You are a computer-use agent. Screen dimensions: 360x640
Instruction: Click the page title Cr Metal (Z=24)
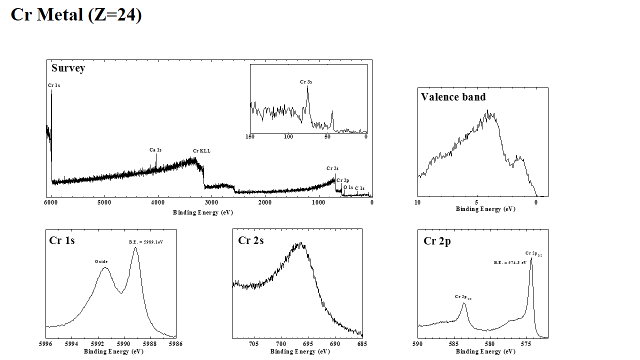[76, 14]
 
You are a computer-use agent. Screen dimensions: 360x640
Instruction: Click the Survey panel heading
[68, 68]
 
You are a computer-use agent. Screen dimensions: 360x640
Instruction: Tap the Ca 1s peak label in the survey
[155, 150]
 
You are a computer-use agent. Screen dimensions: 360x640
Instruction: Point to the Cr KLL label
[201, 151]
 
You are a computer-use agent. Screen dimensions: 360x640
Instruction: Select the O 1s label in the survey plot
[348, 187]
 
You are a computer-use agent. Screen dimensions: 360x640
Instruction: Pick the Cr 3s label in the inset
[306, 81]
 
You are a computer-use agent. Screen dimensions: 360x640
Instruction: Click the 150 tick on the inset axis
[250, 136]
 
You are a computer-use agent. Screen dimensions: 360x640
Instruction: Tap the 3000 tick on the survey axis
[211, 202]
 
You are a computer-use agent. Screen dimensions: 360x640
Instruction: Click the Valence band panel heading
[453, 97]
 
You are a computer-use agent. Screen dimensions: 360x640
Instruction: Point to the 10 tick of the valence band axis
[417, 202]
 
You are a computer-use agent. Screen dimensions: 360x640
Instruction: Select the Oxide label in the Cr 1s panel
[101, 261]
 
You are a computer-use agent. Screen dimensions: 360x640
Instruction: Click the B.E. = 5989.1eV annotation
[146, 242]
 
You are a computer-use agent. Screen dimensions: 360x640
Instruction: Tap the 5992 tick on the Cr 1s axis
[97, 344]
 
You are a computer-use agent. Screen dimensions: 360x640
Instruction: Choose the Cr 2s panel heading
[250, 240]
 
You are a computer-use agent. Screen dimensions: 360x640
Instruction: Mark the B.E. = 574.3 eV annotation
[510, 262]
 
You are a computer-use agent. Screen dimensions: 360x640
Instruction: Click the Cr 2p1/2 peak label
[463, 297]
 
